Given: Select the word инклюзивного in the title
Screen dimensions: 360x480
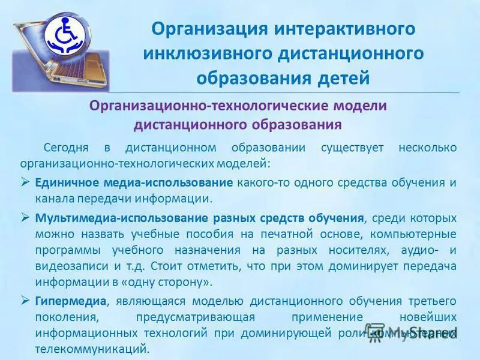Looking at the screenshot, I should [x=206, y=53].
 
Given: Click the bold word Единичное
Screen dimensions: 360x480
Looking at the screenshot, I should [x=64, y=182].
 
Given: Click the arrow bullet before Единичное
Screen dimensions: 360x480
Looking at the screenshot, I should [x=25, y=182].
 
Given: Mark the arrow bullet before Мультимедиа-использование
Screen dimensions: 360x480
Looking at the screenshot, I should [x=25, y=217].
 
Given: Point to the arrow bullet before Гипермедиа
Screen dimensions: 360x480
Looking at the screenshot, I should [x=25, y=300].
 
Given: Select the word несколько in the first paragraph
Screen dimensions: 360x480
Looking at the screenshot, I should [x=426, y=147].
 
